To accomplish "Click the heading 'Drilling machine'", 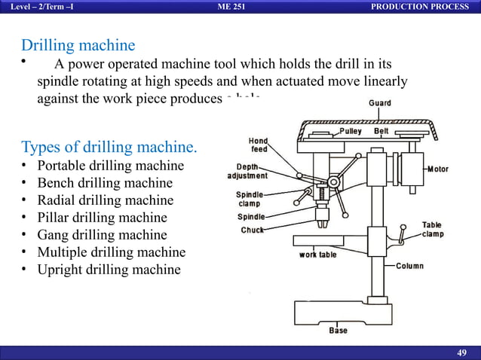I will pos(78,45).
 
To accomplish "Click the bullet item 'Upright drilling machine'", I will pos(109,270).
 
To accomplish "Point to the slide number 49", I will pos(463,353).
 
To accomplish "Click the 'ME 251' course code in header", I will pos(230,7).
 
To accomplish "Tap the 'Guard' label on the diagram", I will pos(379,103).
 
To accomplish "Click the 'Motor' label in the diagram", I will pos(437,169).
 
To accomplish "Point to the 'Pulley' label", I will pos(351,131).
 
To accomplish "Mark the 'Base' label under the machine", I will pos(339,331).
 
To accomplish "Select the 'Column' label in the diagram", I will pos(409,266).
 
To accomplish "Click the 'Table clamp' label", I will pos(432,229).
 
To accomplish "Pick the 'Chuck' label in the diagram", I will pos(252,230).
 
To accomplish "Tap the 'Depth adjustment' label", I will pos(247,171).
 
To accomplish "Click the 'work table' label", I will pos(318,254).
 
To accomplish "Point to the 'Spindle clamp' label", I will pos(249,199).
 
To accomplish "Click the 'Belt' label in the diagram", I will pos(381,131).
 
